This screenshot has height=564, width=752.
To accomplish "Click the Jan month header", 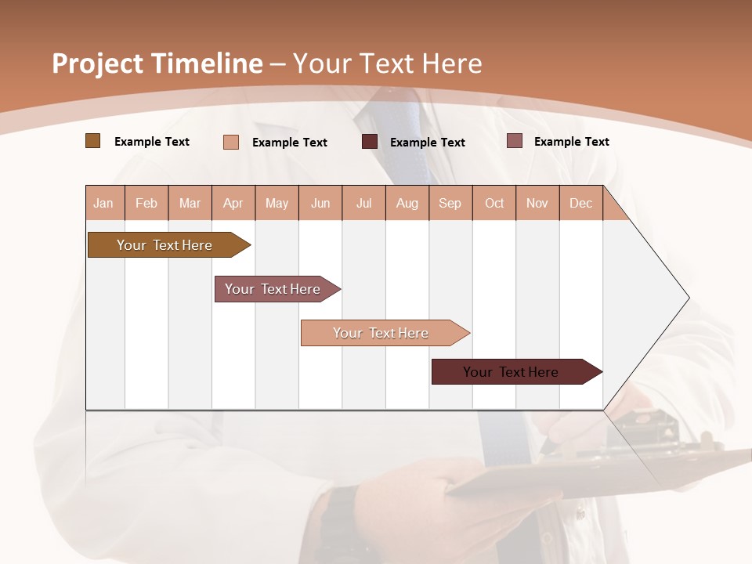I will click(104, 203).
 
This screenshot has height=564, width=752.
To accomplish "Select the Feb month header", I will click(146, 203).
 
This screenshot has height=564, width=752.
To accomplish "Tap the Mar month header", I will click(190, 203).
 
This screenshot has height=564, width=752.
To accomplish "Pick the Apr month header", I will click(233, 203).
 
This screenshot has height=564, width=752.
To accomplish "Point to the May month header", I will click(277, 203).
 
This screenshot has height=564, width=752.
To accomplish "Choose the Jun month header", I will click(320, 203).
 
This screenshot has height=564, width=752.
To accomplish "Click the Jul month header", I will click(363, 203).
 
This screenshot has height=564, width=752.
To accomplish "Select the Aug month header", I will click(407, 203).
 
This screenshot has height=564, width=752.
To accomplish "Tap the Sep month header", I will click(450, 203).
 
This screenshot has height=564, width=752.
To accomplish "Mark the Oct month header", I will click(494, 203).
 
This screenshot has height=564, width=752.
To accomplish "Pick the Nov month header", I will click(537, 203).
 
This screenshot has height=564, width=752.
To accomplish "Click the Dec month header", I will click(581, 203).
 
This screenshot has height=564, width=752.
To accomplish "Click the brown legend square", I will click(92, 141).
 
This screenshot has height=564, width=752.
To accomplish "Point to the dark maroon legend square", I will click(370, 142).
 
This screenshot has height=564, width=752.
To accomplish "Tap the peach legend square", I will click(231, 142).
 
